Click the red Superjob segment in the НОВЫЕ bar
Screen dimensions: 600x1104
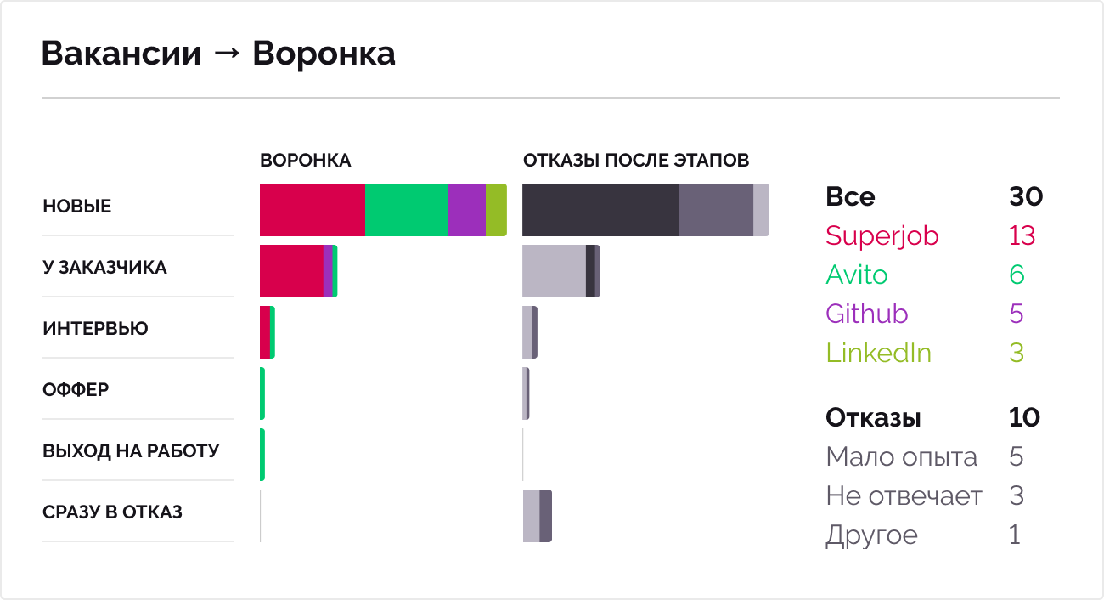(312, 210)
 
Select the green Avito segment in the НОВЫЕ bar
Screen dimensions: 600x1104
(406, 210)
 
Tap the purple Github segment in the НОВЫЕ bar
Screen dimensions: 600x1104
(466, 210)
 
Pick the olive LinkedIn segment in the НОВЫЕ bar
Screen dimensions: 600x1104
(496, 210)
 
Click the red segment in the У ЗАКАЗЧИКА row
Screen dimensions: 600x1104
(291, 271)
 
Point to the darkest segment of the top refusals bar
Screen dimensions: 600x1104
(600, 210)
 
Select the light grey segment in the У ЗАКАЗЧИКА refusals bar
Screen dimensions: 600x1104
(554, 271)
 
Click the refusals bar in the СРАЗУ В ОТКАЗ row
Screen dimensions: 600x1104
(538, 516)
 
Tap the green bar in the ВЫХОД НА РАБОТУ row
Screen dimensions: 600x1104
(262, 455)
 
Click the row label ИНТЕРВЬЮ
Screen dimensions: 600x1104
(95, 329)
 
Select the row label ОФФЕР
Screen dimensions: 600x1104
(76, 390)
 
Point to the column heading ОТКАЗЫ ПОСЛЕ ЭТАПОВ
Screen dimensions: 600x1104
(635, 161)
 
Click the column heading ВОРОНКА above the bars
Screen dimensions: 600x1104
(305, 161)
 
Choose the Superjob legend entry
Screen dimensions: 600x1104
(882, 235)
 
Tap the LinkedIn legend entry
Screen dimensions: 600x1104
(878, 353)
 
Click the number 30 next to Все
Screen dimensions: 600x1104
(1026, 196)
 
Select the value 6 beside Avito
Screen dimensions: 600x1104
(1017, 275)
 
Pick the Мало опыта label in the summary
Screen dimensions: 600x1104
(901, 457)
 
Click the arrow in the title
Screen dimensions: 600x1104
(227, 54)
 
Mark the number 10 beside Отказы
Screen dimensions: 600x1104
(1024, 418)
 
